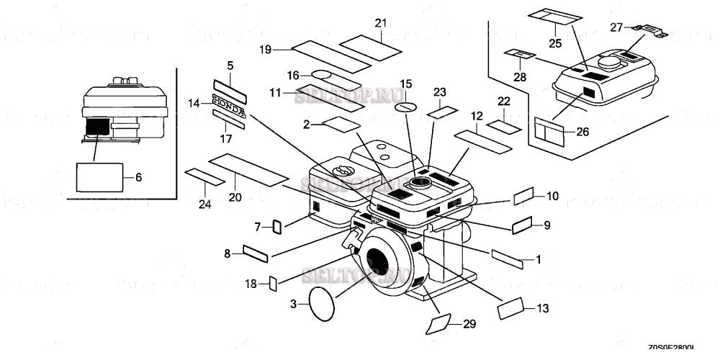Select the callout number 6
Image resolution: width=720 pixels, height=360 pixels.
(x=138, y=176)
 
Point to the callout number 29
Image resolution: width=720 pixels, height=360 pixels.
(x=469, y=325)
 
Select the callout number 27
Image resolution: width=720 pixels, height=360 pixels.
(x=616, y=27)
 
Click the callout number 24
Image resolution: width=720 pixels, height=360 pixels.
(x=205, y=204)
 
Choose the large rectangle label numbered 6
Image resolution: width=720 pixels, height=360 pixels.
(x=99, y=177)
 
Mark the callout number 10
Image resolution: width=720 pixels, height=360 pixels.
(x=552, y=196)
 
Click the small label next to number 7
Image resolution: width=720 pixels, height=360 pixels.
(x=275, y=228)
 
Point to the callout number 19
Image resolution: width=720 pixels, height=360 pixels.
(x=265, y=49)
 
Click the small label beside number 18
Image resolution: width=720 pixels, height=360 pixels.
(x=273, y=283)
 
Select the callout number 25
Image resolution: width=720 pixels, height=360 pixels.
(x=555, y=43)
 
